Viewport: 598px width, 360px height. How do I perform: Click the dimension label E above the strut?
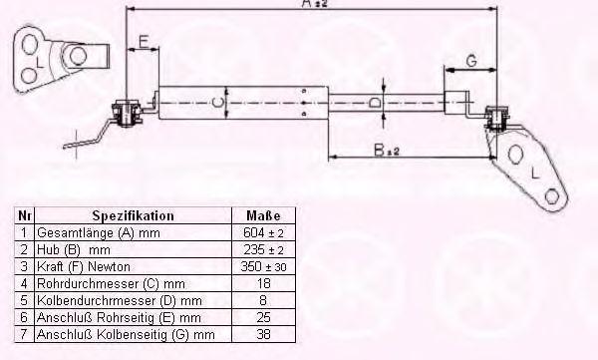click(144, 41)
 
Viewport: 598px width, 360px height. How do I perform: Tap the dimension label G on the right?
click(471, 61)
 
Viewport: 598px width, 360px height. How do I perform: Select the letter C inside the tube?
click(216, 103)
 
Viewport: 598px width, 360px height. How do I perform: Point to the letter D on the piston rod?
click(376, 103)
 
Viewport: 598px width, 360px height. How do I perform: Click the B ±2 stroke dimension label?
click(387, 151)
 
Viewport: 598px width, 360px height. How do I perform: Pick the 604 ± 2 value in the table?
click(263, 232)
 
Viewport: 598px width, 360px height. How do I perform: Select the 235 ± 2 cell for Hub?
click(263, 249)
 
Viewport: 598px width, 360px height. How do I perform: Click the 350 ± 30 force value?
click(263, 266)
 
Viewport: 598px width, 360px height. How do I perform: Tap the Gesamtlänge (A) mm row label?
click(99, 233)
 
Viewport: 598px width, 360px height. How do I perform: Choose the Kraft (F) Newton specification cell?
click(84, 266)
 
